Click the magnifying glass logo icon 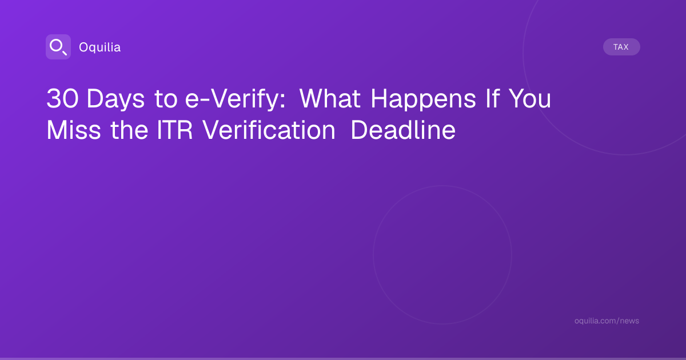(58, 47)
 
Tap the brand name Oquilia (100, 47)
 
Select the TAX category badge (621, 47)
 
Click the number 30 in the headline (62, 98)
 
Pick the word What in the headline (330, 98)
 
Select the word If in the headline (493, 98)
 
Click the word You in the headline (530, 98)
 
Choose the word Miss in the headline (74, 130)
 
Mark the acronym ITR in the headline (174, 130)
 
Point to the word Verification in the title (269, 130)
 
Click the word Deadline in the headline (403, 130)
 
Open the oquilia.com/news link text (607, 321)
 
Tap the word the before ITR (129, 130)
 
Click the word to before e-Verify (166, 99)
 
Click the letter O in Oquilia (83, 47)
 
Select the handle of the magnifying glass (65, 53)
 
